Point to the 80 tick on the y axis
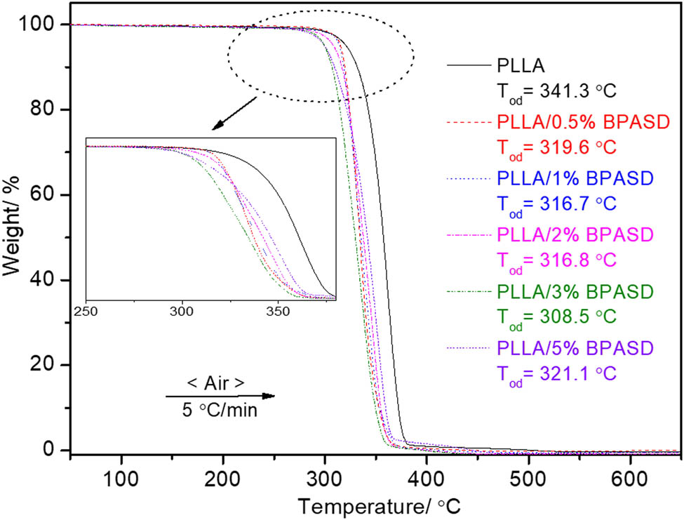[51, 109]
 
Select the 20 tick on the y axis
[51, 365]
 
